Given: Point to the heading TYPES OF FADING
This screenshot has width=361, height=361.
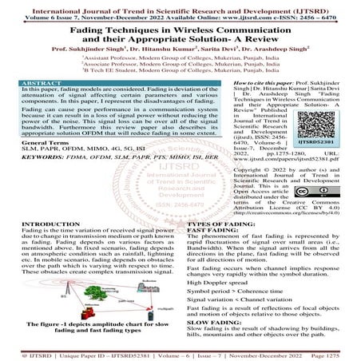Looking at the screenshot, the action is [220, 225].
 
